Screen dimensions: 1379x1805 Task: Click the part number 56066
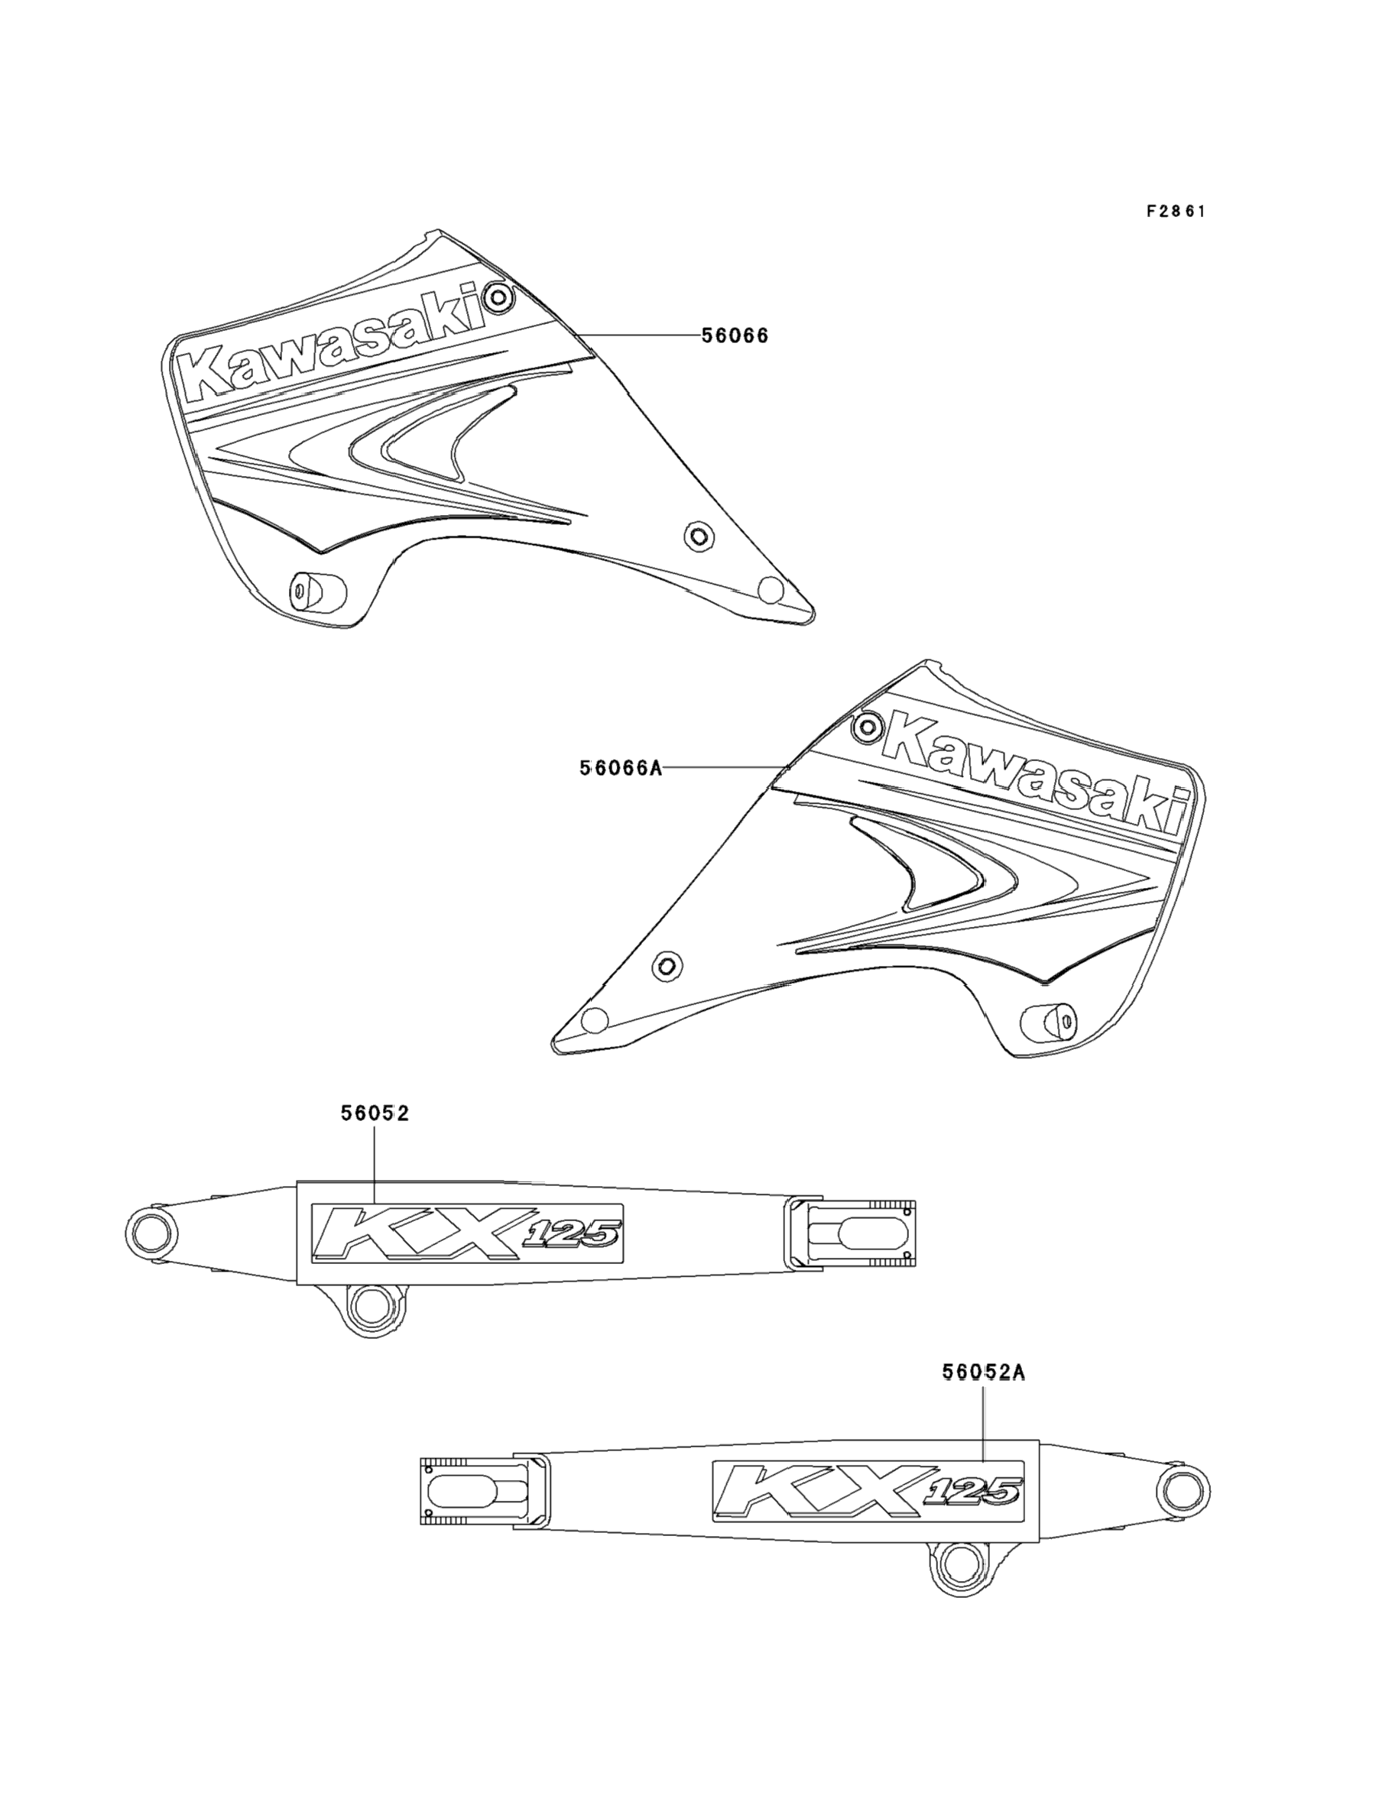pyautogui.click(x=735, y=335)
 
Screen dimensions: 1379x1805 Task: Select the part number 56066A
pyautogui.click(x=620, y=768)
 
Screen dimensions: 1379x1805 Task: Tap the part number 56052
pyautogui.click(x=375, y=1113)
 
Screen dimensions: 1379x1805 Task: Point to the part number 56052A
pyautogui.click(x=983, y=1372)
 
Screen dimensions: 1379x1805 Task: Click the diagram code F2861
pyautogui.click(x=1176, y=211)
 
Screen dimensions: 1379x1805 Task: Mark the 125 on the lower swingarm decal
pyautogui.click(x=975, y=1492)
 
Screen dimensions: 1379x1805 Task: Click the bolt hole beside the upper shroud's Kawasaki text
pyautogui.click(x=498, y=297)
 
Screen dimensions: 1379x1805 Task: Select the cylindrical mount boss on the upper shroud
pyautogui.click(x=315, y=590)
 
